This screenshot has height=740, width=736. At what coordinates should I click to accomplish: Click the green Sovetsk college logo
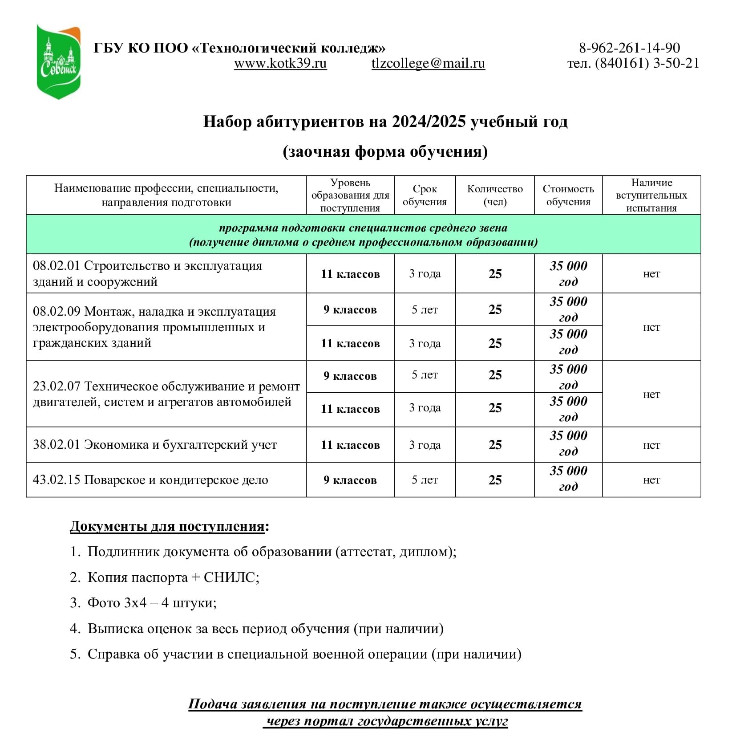coord(59,61)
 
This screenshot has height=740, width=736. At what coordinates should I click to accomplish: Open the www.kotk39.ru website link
coord(280,64)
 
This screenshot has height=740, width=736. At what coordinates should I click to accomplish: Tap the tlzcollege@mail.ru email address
coord(428,64)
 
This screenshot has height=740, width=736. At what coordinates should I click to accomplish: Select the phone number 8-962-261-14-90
coord(629,48)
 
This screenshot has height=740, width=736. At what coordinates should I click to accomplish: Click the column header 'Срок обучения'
coord(425,195)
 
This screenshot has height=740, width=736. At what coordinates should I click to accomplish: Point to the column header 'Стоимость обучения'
coord(568,195)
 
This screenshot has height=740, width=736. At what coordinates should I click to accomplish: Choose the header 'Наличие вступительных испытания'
coord(651,195)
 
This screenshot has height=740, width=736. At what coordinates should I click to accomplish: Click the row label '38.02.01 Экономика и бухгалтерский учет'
coord(155,445)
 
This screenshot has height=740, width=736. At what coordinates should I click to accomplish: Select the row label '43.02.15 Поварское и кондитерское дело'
coord(150,480)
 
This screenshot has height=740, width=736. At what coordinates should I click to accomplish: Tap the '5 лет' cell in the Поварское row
coord(425,480)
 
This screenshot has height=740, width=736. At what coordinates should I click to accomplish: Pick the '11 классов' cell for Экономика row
coord(350,445)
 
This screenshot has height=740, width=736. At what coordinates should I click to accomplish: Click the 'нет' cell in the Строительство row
coord(651,274)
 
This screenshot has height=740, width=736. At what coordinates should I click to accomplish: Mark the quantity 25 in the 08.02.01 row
coord(495,274)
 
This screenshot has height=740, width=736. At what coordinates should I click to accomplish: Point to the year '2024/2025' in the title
coord(429,122)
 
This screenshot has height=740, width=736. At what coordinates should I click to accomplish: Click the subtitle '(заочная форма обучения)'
coord(385,152)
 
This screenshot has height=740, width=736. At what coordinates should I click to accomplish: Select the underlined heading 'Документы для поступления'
coord(167,526)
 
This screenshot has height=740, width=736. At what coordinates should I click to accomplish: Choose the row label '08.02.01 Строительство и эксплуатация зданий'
coord(147,273)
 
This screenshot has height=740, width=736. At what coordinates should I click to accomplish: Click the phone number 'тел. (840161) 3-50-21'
coord(633,64)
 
